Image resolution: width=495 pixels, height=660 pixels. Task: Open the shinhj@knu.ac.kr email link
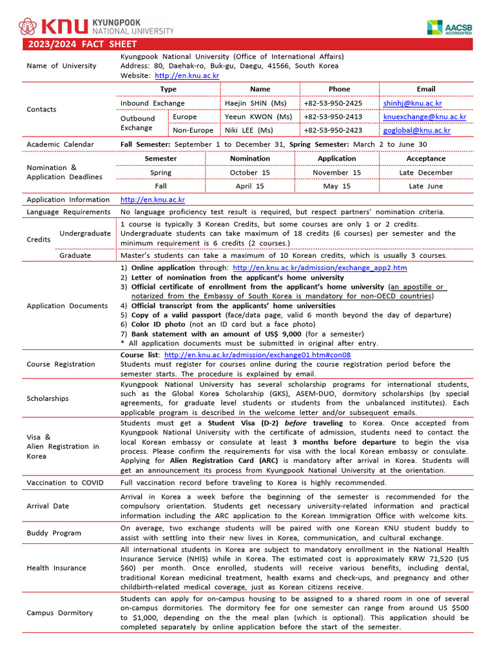point(412,103)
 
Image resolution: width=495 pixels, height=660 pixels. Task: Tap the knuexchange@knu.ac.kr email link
point(424,117)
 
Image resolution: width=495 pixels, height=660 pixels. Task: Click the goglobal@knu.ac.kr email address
point(416,130)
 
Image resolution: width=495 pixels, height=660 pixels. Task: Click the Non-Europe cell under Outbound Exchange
point(193,130)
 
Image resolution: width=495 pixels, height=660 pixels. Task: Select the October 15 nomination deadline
point(250,173)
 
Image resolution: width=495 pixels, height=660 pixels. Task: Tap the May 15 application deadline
point(336,186)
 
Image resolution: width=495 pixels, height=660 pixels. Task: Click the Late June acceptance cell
point(425,186)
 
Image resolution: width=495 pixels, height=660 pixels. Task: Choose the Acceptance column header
point(425,159)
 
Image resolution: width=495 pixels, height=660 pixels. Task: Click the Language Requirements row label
point(68,212)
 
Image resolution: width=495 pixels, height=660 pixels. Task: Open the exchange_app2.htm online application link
point(319,267)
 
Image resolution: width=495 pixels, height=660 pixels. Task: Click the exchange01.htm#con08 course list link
point(257,355)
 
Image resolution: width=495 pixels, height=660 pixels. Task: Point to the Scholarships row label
point(48,398)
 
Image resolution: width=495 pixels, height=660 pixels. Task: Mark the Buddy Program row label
point(54,533)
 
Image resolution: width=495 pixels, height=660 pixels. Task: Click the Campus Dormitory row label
point(59,613)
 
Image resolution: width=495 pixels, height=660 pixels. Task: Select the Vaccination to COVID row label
point(65,483)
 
